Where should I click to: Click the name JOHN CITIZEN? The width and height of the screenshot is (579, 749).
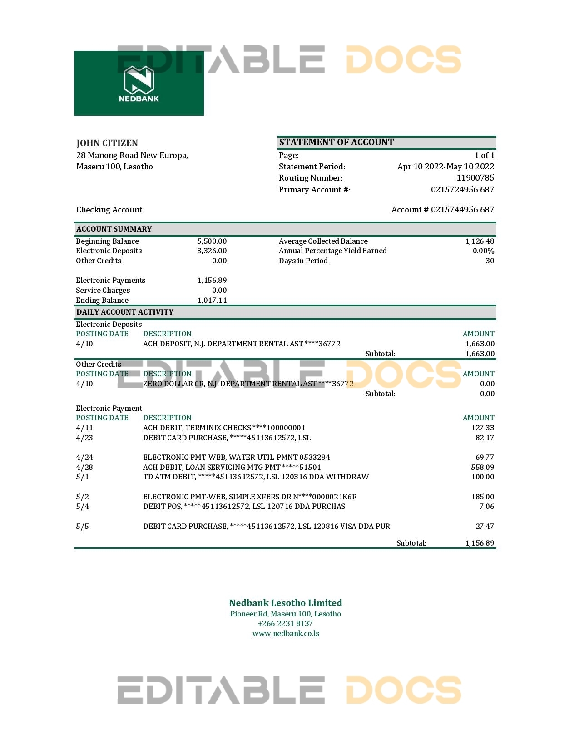(107, 143)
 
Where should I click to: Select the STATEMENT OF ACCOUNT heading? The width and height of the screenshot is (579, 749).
(336, 142)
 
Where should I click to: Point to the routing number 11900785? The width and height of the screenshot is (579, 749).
(475, 178)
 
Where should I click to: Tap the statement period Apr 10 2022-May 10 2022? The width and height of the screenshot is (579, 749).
(445, 167)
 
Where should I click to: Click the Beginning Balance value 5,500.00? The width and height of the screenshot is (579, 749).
(212, 241)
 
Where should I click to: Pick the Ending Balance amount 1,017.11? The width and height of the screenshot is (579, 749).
(212, 300)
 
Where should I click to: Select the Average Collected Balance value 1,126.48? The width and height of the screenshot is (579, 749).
(480, 241)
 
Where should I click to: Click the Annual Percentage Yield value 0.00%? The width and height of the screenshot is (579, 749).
(483, 251)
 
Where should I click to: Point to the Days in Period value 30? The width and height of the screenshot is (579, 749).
(490, 261)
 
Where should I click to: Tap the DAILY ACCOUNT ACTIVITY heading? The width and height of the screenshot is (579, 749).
(125, 312)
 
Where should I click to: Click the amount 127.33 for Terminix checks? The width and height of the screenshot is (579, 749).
(483, 428)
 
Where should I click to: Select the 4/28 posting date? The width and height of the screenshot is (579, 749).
(84, 467)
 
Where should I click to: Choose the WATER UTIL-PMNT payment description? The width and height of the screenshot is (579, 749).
(237, 457)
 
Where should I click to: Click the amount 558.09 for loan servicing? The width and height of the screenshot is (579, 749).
(483, 467)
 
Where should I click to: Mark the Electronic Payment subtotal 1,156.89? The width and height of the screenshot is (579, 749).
(480, 543)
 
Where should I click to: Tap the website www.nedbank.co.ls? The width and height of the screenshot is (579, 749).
(286, 633)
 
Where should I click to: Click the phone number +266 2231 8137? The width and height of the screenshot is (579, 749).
(285, 623)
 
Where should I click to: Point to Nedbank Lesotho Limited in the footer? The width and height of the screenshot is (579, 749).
(285, 603)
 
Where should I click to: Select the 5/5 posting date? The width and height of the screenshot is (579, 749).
(82, 526)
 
